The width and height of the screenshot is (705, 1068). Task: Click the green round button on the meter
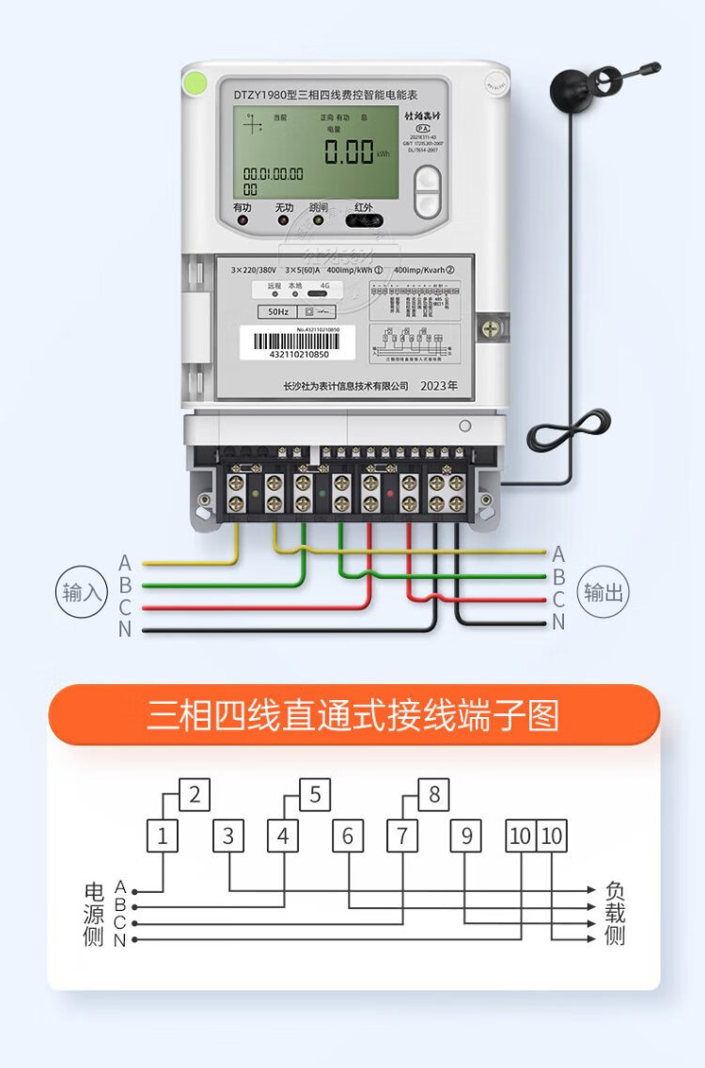tap(196, 83)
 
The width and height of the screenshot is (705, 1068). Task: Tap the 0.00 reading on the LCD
tap(349, 151)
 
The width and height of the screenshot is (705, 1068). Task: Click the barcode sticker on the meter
tap(299, 343)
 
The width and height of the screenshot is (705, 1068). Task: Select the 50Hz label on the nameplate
tap(277, 311)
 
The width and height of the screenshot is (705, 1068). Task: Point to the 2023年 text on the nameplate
tap(438, 386)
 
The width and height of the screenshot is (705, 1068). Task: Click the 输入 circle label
tap(81, 593)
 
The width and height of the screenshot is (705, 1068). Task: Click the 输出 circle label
tap(603, 593)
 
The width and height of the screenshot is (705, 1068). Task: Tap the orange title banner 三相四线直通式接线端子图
tap(353, 715)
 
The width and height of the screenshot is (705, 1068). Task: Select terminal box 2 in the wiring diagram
tap(194, 795)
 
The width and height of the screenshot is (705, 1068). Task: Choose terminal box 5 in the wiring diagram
tap(314, 795)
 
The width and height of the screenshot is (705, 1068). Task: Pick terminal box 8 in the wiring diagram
tap(433, 795)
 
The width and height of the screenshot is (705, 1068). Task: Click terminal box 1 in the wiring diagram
tap(163, 836)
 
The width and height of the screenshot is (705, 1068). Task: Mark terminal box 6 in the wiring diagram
tap(348, 836)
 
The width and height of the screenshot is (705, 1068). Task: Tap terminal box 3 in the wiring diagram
tap(228, 836)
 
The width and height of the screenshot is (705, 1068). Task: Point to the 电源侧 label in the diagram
tap(93, 914)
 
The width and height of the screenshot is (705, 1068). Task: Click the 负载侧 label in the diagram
tap(615, 914)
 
